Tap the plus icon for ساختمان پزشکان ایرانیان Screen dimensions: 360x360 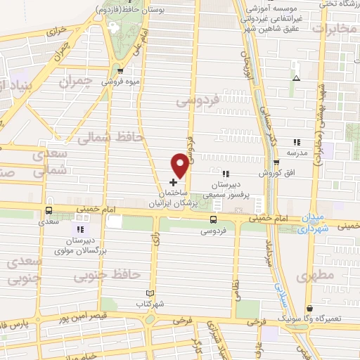(174, 182)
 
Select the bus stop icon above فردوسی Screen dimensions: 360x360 (213, 219)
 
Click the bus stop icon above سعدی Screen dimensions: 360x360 (49, 210)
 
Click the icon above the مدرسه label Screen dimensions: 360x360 (297, 142)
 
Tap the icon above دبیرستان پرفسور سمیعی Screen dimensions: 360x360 (225, 173)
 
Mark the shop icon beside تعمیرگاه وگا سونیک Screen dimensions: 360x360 (310, 307)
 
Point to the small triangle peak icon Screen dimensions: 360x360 (296, 78)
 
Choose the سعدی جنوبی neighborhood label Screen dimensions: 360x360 (27, 269)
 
